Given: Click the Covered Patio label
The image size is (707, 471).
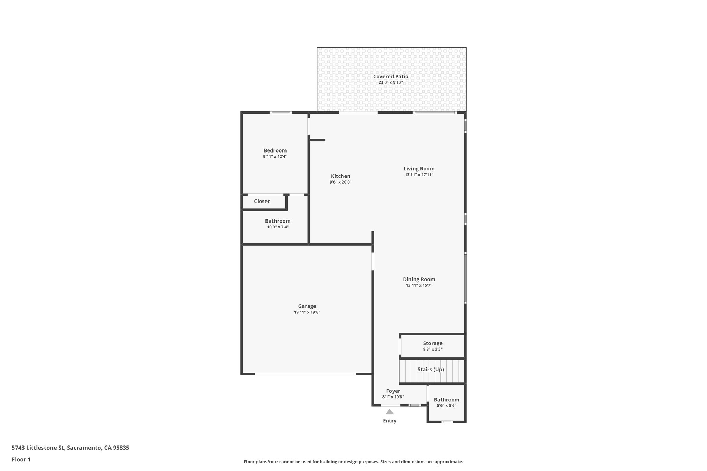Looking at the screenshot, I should pos(390,77).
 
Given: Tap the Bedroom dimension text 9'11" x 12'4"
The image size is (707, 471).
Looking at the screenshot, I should pos(275,157).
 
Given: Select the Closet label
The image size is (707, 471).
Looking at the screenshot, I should pos(262,202).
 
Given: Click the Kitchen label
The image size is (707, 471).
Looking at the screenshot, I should pos(340,176).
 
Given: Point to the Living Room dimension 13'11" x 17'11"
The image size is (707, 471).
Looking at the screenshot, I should pos(419,175).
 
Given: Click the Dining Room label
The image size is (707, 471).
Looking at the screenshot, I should pos(419,279).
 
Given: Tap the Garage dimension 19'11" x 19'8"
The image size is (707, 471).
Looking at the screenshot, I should pos(307,312).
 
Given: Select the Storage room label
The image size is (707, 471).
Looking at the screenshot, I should pos(433,343).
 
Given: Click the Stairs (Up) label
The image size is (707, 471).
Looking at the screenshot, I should pos(430,370).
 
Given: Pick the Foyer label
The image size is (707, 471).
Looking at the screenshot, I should pos(393,391).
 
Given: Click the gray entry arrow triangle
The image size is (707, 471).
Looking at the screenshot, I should pos(389,412).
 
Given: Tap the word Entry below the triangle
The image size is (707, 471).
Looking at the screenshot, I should pos(389,421).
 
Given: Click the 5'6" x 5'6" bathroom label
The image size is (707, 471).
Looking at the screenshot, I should pos(446,406).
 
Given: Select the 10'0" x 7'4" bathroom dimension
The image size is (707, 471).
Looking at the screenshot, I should pos(278,227).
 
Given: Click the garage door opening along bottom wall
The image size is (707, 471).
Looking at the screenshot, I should pos(305,374).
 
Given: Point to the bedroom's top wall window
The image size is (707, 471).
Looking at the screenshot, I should pos(281,112).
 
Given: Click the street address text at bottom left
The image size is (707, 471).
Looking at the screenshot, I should pos(70,448).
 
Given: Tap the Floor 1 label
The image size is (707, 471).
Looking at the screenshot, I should pos(21,460).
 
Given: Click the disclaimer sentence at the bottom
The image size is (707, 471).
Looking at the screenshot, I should pos(353,462).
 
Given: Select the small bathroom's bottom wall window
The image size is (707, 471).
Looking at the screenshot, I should pos(447,422).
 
